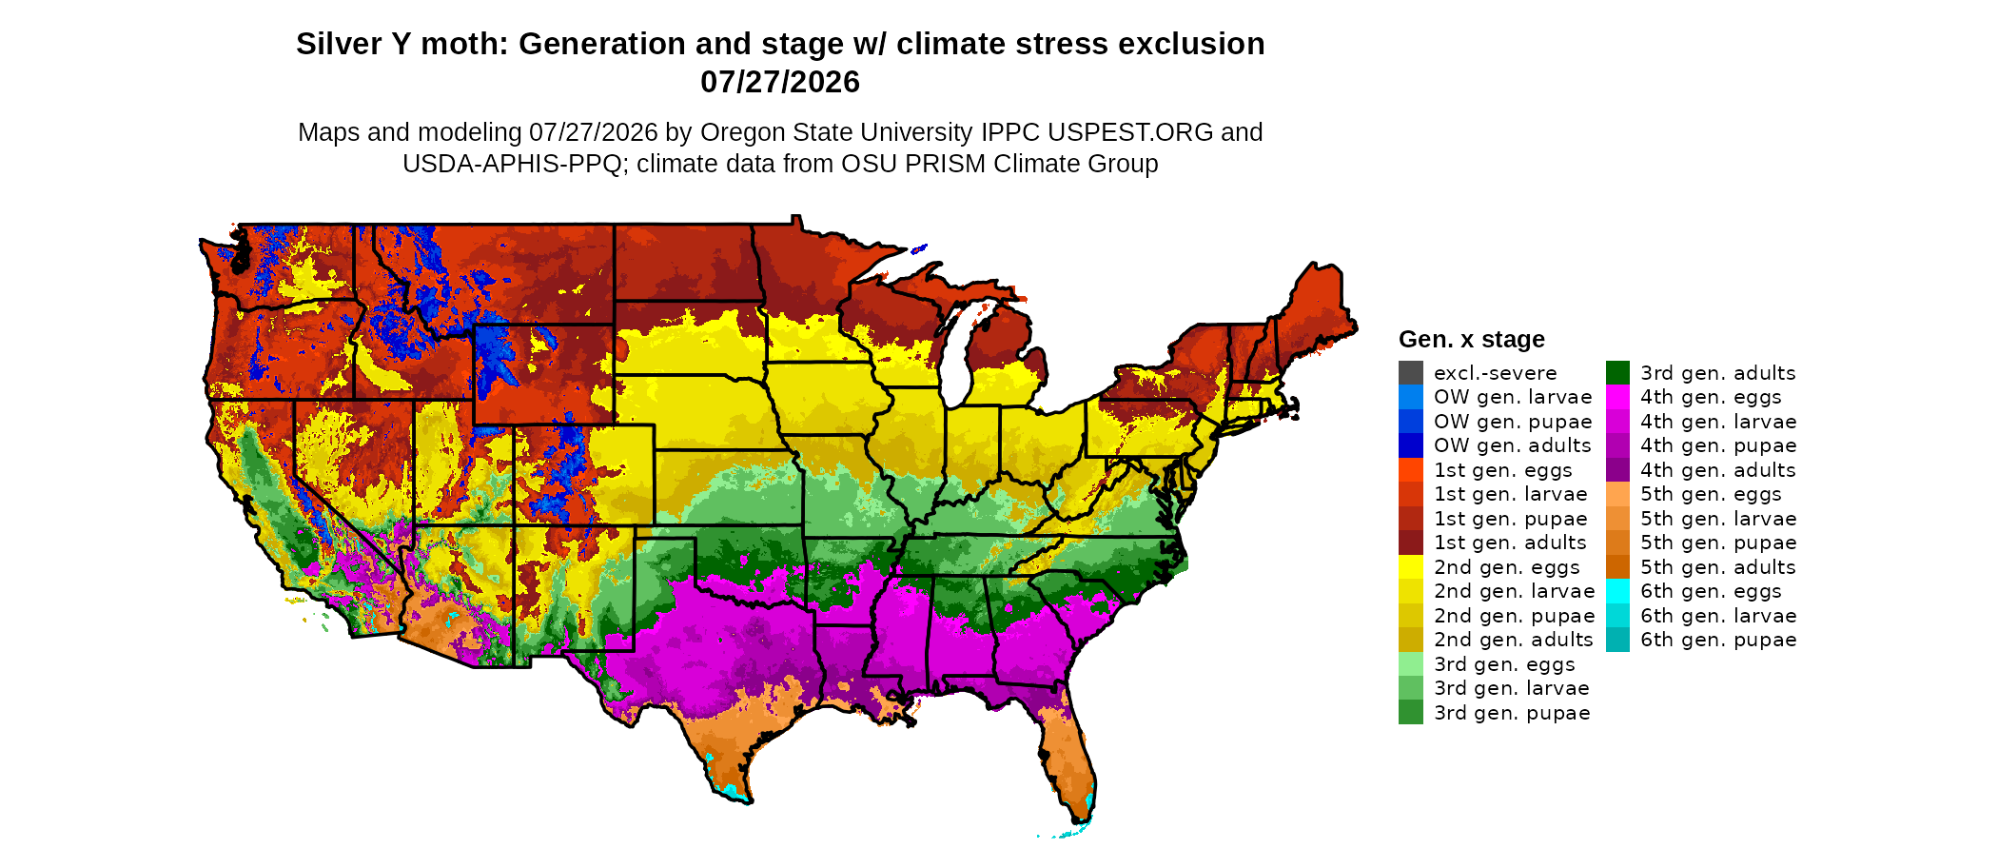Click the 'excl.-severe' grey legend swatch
pyautogui.click(x=1411, y=373)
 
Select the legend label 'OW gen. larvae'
pyautogui.click(x=1513, y=397)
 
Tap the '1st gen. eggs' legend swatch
pyautogui.click(x=1411, y=470)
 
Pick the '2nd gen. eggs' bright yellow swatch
pyautogui.click(x=1411, y=567)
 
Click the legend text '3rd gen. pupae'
pyautogui.click(x=1512, y=713)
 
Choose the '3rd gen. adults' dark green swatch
pyautogui.click(x=1617, y=373)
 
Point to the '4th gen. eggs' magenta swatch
pyautogui.click(x=1617, y=397)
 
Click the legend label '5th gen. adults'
pyautogui.click(x=1718, y=567)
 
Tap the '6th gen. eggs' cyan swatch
pyautogui.click(x=1617, y=591)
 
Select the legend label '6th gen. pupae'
pyautogui.click(x=1718, y=640)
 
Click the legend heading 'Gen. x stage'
pyautogui.click(x=1472, y=339)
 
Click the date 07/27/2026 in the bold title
pyautogui.click(x=780, y=82)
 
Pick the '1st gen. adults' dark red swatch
pyautogui.click(x=1411, y=543)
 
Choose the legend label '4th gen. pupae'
pyautogui.click(x=1718, y=445)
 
